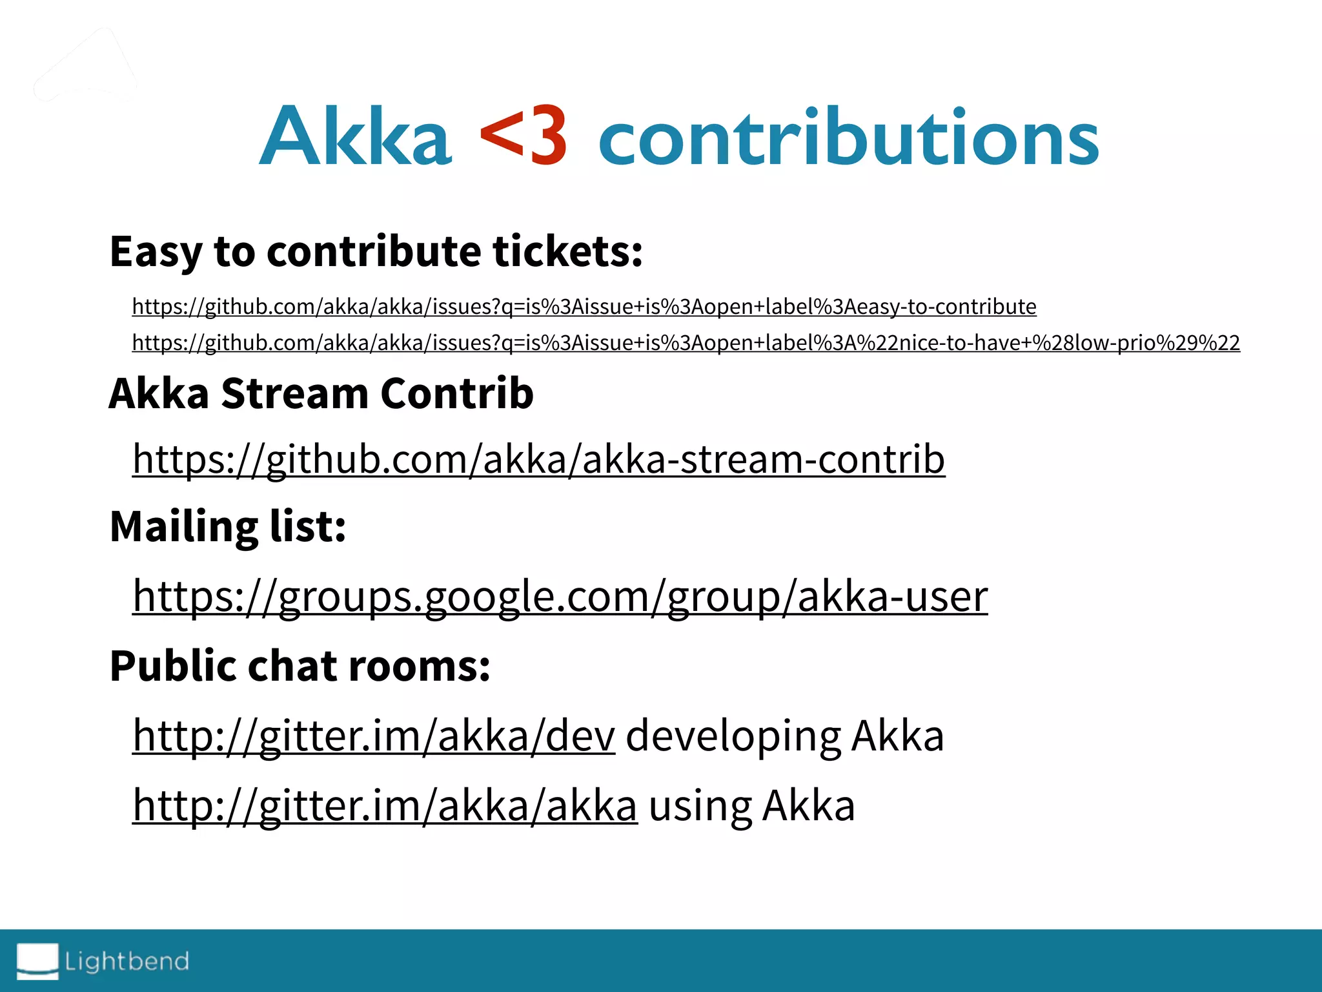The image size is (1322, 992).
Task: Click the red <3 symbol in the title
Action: pyautogui.click(x=524, y=136)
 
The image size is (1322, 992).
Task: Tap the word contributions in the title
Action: pyautogui.click(x=848, y=137)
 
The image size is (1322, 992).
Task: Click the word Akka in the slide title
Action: pyautogui.click(x=356, y=137)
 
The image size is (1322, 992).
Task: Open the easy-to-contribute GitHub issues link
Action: pyautogui.click(x=584, y=306)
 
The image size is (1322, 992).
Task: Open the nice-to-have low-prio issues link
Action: pyautogui.click(x=686, y=342)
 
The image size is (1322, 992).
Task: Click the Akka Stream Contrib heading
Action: pyautogui.click(x=321, y=393)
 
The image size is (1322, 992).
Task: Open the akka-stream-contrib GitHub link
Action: pyautogui.click(x=538, y=459)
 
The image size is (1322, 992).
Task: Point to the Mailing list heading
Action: pyautogui.click(x=228, y=526)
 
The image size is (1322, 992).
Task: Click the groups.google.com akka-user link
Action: pyautogui.click(x=560, y=596)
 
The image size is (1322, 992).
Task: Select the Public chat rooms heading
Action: pyautogui.click(x=300, y=666)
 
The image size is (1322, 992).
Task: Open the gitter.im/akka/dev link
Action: pyautogui.click(x=374, y=736)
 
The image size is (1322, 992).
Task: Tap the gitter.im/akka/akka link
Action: pyautogui.click(x=385, y=805)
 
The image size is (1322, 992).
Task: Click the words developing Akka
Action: pyautogui.click(x=784, y=736)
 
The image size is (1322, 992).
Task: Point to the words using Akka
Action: pyautogui.click(x=751, y=805)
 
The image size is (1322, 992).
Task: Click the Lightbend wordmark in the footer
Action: pyautogui.click(x=127, y=961)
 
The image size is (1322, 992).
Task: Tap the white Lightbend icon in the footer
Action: pyautogui.click(x=37, y=960)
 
